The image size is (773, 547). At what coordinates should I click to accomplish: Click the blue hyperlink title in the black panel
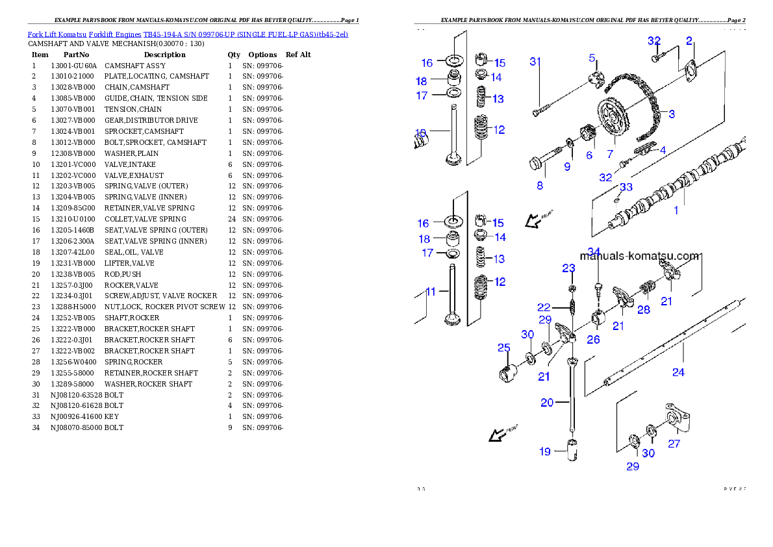coord(188,34)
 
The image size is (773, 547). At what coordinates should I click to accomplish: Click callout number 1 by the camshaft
coord(676,210)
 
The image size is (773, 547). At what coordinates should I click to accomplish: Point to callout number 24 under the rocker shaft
coord(678,372)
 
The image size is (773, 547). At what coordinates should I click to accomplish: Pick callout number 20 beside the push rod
coord(547,403)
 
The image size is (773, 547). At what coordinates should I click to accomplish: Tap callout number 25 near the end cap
coord(504,348)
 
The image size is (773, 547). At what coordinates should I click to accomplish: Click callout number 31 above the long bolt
coord(535,62)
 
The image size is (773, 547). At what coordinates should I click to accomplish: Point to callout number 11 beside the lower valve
coord(430,292)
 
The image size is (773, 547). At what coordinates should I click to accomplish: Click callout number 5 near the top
coord(592,58)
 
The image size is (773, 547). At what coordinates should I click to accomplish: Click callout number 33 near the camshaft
coord(626,187)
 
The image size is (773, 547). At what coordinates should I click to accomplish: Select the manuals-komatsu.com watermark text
coord(640,256)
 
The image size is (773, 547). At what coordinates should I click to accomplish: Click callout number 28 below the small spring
coord(643,310)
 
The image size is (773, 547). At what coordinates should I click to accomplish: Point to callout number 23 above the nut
coord(568,268)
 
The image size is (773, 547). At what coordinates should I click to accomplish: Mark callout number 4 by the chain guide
coord(663,150)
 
